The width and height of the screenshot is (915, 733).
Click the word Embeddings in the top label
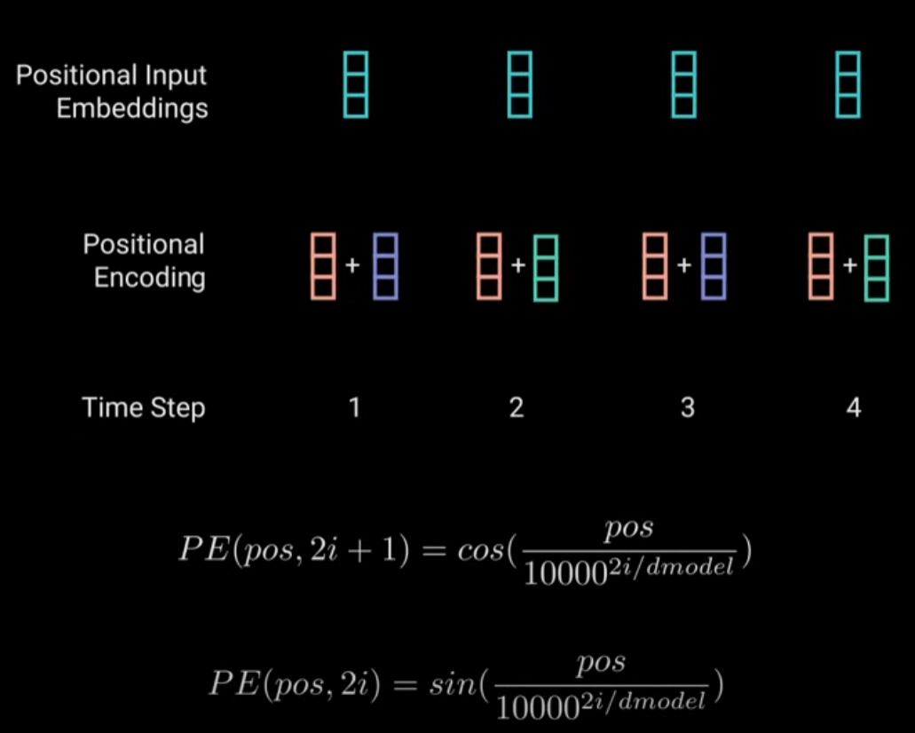132,109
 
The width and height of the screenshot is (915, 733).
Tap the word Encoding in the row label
149,278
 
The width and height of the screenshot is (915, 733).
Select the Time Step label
144,407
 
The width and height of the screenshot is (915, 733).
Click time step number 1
354,407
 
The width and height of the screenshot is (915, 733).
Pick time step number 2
517,407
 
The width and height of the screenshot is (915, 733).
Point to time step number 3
688,407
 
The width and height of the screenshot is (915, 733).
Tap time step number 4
854,407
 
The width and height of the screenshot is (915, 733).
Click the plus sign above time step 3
684,265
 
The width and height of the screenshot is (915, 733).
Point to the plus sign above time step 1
352,265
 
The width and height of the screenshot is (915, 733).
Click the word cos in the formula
481,550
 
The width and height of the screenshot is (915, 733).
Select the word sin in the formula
454,683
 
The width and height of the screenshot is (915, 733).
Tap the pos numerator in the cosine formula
628,529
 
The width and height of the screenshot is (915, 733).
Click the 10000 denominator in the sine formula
537,708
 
